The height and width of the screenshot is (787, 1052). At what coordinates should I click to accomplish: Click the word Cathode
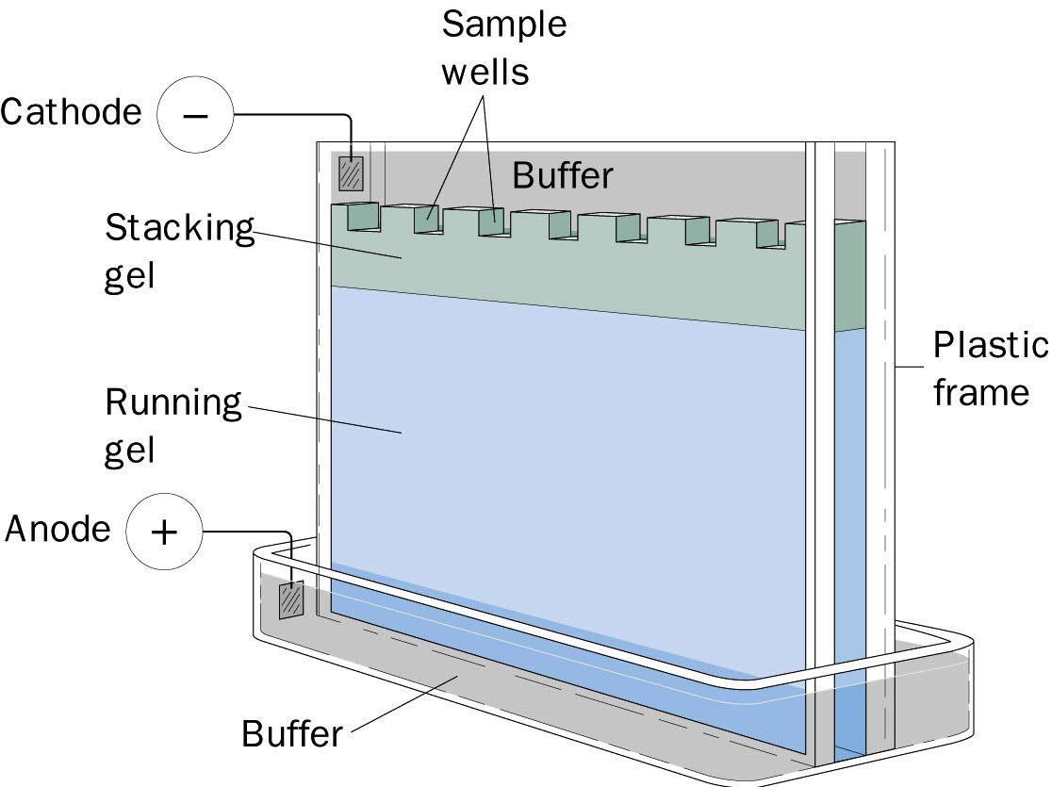point(71,113)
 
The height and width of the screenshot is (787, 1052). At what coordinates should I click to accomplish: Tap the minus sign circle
point(194,115)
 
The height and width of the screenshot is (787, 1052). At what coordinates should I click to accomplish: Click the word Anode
point(58,529)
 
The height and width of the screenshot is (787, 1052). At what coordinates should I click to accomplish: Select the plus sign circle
point(164,532)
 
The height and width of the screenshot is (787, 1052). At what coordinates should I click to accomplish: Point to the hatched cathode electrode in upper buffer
point(351,173)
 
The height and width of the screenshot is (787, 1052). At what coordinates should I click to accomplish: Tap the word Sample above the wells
point(504,25)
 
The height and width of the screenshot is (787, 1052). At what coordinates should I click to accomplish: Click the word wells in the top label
point(485,71)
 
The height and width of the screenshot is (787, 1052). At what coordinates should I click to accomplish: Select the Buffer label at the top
point(563,174)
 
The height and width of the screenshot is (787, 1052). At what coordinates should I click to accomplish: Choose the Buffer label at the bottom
point(292,733)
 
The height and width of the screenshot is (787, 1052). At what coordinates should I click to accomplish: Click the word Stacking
point(179,229)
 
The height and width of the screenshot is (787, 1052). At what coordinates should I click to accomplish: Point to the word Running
point(173,403)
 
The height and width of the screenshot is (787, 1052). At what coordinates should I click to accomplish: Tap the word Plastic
point(989,346)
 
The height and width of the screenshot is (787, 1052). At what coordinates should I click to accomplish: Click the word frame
point(980,392)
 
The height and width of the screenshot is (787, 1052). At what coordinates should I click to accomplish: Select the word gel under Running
point(129,451)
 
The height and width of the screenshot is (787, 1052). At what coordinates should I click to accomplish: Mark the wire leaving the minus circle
point(292,116)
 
